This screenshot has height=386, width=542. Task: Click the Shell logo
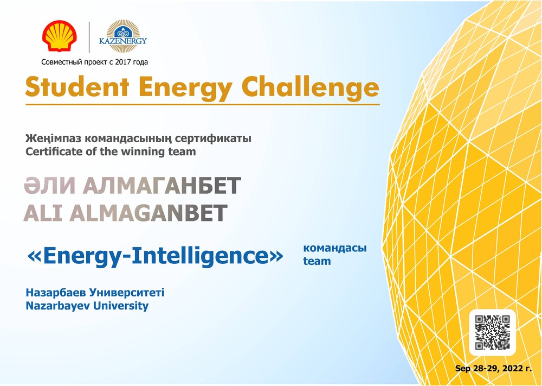60,36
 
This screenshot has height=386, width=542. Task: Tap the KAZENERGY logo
123,36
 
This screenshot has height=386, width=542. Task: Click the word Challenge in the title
310,87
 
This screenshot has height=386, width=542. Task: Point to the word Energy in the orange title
185,88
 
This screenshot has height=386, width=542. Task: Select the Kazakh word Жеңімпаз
53,138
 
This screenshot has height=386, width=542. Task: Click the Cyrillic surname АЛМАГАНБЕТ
162,186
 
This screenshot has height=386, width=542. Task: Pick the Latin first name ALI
43,213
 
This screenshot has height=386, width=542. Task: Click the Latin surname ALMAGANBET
149,213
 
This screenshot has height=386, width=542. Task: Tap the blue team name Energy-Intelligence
155,256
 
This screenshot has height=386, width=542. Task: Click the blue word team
317,261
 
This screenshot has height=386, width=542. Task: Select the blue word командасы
334,248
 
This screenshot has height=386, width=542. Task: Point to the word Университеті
126,293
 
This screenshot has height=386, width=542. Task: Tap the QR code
492,332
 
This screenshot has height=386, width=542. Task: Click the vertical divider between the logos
89,37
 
